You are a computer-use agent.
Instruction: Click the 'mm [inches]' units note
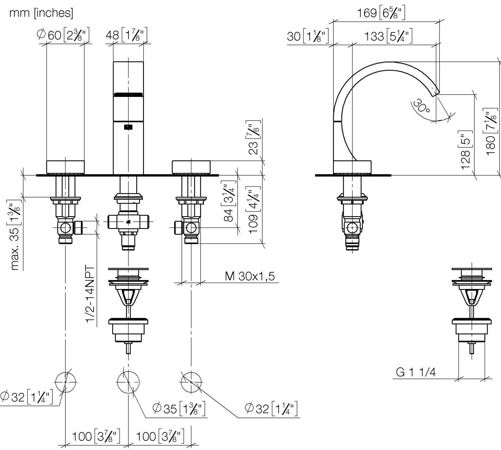pos(41,13)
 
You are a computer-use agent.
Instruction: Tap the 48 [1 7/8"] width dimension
pos(127,35)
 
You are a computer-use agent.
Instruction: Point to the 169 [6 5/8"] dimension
pos(381,13)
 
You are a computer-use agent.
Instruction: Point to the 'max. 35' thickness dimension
pos(15,236)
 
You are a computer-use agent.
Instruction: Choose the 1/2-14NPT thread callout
pos(90,294)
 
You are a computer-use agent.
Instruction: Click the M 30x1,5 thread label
pos(250,276)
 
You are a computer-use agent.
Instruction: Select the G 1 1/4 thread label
pos(415,372)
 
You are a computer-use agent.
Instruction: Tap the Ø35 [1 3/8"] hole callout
pos(179,408)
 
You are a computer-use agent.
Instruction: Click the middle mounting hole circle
pos(129,382)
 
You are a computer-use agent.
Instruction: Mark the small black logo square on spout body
pos(128,127)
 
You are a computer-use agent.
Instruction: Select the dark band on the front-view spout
pos(128,95)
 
